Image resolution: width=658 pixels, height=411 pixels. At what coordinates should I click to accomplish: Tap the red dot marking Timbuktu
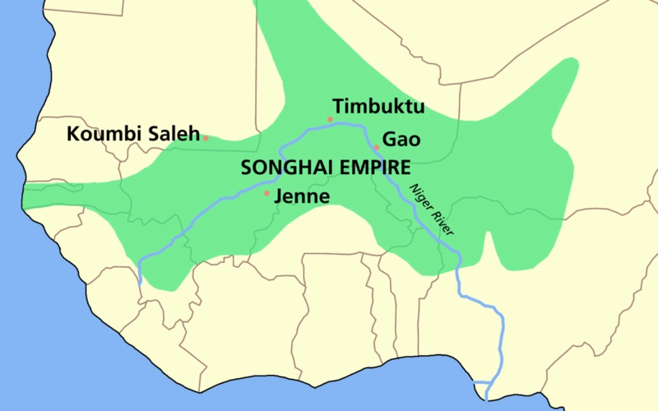pyautogui.click(x=330, y=119)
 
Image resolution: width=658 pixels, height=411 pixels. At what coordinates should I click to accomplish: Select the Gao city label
pyautogui.click(x=401, y=140)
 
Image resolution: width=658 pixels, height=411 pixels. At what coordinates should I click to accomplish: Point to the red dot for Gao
pyautogui.click(x=376, y=148)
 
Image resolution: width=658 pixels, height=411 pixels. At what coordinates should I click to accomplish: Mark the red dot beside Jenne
pyautogui.click(x=266, y=194)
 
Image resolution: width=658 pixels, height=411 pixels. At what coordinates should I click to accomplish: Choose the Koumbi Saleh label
pyautogui.click(x=133, y=134)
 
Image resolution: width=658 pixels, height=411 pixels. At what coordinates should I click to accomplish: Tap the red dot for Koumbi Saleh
pyautogui.click(x=206, y=137)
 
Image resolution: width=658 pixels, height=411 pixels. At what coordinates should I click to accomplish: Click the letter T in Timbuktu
pyautogui.click(x=337, y=106)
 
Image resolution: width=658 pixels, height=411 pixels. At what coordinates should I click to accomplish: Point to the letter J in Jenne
pyautogui.click(x=279, y=197)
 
